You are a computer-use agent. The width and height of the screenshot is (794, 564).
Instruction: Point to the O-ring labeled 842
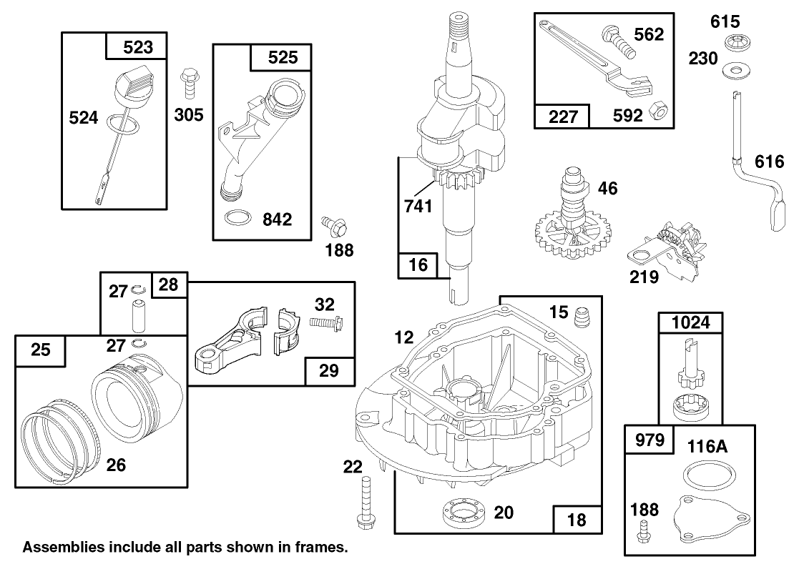coord(237,217)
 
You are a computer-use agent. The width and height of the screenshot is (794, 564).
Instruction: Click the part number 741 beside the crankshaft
coord(418,207)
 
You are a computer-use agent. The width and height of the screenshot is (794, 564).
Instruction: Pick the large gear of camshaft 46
coord(565,237)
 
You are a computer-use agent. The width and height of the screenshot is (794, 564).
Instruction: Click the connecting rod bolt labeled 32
coord(326,324)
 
